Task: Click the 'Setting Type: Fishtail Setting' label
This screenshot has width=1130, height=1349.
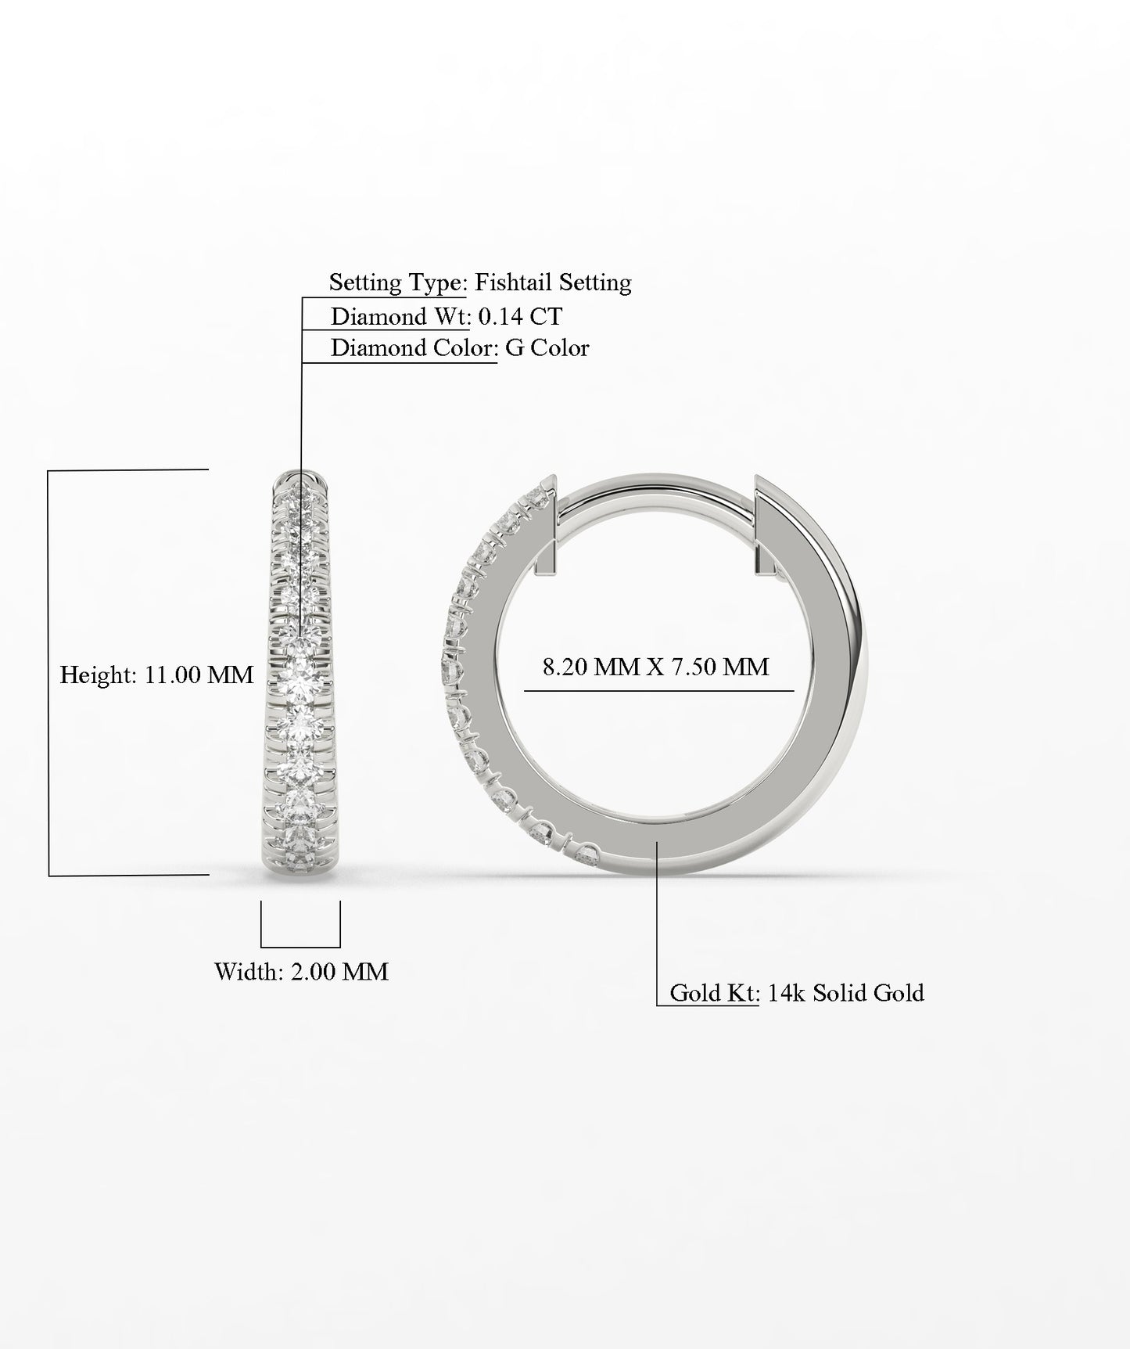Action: point(479,282)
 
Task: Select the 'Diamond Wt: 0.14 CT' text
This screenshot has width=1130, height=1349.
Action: point(446,317)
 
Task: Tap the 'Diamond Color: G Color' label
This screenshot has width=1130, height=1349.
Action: point(460,348)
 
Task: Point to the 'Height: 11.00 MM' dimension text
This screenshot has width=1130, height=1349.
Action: point(156,674)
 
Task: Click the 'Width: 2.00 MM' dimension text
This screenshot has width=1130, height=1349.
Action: point(301,972)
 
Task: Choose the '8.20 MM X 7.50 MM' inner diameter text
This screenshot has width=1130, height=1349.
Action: point(655,667)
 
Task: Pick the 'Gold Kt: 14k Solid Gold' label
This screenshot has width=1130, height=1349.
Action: point(797,993)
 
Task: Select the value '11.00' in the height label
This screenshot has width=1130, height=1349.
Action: point(173,674)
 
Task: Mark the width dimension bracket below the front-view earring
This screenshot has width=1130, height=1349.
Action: point(300,946)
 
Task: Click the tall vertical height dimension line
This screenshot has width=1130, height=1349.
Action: point(48,673)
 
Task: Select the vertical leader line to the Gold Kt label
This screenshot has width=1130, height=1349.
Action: point(657,923)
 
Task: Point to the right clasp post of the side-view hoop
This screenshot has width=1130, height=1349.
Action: point(762,524)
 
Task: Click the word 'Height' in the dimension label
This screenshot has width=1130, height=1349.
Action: point(97,674)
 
